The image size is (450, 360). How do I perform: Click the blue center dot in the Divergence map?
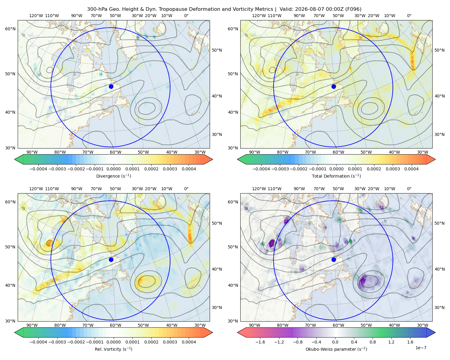point(111,86)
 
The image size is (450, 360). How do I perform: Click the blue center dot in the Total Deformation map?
point(334,86)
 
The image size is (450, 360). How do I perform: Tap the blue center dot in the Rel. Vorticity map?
point(111,259)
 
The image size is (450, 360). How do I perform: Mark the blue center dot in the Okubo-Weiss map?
point(334,259)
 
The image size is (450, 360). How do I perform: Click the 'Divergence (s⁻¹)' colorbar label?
point(113,176)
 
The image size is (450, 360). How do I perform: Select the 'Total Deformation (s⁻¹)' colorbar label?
point(336,176)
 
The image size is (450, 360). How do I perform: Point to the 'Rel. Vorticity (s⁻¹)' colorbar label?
point(113,349)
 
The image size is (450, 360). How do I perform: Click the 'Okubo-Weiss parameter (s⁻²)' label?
point(336,349)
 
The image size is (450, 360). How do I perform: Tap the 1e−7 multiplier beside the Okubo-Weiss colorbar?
point(421,348)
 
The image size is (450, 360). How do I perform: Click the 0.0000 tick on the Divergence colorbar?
point(113,169)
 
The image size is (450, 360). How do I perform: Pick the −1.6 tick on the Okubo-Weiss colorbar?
point(260,342)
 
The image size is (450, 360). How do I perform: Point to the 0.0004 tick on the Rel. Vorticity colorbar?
point(189,342)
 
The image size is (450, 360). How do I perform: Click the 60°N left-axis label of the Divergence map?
point(10,29)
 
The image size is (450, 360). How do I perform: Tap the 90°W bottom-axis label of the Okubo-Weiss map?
point(254,325)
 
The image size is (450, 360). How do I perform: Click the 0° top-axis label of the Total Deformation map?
point(409,16)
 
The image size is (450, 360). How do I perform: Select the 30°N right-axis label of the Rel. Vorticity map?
point(217,307)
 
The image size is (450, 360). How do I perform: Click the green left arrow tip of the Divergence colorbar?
point(15,159)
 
